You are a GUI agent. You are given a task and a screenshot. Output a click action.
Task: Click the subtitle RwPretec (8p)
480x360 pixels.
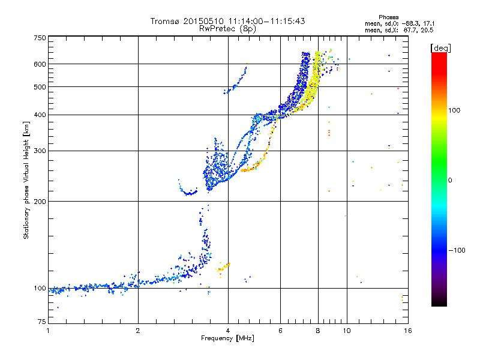click(227, 29)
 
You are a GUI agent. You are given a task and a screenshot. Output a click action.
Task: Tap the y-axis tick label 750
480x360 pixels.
click(40, 38)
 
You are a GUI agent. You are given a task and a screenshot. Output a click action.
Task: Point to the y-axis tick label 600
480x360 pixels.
click(40, 64)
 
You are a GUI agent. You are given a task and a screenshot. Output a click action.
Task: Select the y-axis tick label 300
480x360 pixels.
click(40, 151)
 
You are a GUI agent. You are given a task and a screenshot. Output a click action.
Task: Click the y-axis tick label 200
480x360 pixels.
click(40, 202)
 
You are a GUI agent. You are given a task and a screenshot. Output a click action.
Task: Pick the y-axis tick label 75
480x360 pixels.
click(42, 322)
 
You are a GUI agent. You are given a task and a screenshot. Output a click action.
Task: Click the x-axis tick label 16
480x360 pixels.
click(408, 331)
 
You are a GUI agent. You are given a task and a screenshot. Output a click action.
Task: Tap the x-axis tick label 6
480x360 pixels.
click(280, 331)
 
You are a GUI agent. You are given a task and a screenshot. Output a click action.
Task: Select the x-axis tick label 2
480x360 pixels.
click(138, 331)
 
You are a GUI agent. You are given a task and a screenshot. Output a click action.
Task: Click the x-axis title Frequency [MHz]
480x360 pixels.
click(227, 338)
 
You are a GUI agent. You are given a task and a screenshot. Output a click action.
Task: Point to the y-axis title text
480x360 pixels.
click(26, 181)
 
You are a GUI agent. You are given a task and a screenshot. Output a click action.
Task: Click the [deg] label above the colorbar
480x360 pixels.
click(440, 49)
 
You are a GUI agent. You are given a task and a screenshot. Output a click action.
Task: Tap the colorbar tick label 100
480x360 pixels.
click(454, 110)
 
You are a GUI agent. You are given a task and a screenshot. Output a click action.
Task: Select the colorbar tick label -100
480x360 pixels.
click(457, 250)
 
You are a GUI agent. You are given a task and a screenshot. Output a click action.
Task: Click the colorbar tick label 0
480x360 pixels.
click(450, 181)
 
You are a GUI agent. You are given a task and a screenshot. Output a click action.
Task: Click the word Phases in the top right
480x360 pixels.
click(388, 17)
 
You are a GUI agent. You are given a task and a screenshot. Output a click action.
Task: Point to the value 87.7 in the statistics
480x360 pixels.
click(410, 30)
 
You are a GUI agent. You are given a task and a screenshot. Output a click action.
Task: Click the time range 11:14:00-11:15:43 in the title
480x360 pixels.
click(266, 21)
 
